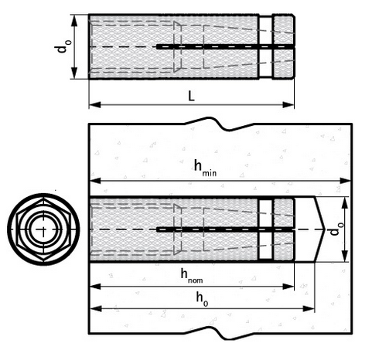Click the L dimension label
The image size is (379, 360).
191,96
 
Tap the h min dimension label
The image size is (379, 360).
205,168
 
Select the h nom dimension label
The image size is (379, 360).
192,276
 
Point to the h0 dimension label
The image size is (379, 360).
202,300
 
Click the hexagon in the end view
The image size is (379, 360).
43,229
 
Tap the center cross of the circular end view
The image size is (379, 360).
43,229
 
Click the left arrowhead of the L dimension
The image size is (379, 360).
95,105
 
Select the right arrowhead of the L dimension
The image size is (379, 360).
289,105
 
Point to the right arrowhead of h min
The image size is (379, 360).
346,181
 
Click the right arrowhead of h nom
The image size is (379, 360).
289,287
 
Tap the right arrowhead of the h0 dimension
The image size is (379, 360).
309,308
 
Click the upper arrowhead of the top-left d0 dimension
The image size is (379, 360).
74,21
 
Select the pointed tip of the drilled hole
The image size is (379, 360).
324,229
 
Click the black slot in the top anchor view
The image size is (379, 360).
225,46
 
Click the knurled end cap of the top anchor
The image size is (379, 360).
284,46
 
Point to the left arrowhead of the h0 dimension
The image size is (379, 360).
96,308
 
